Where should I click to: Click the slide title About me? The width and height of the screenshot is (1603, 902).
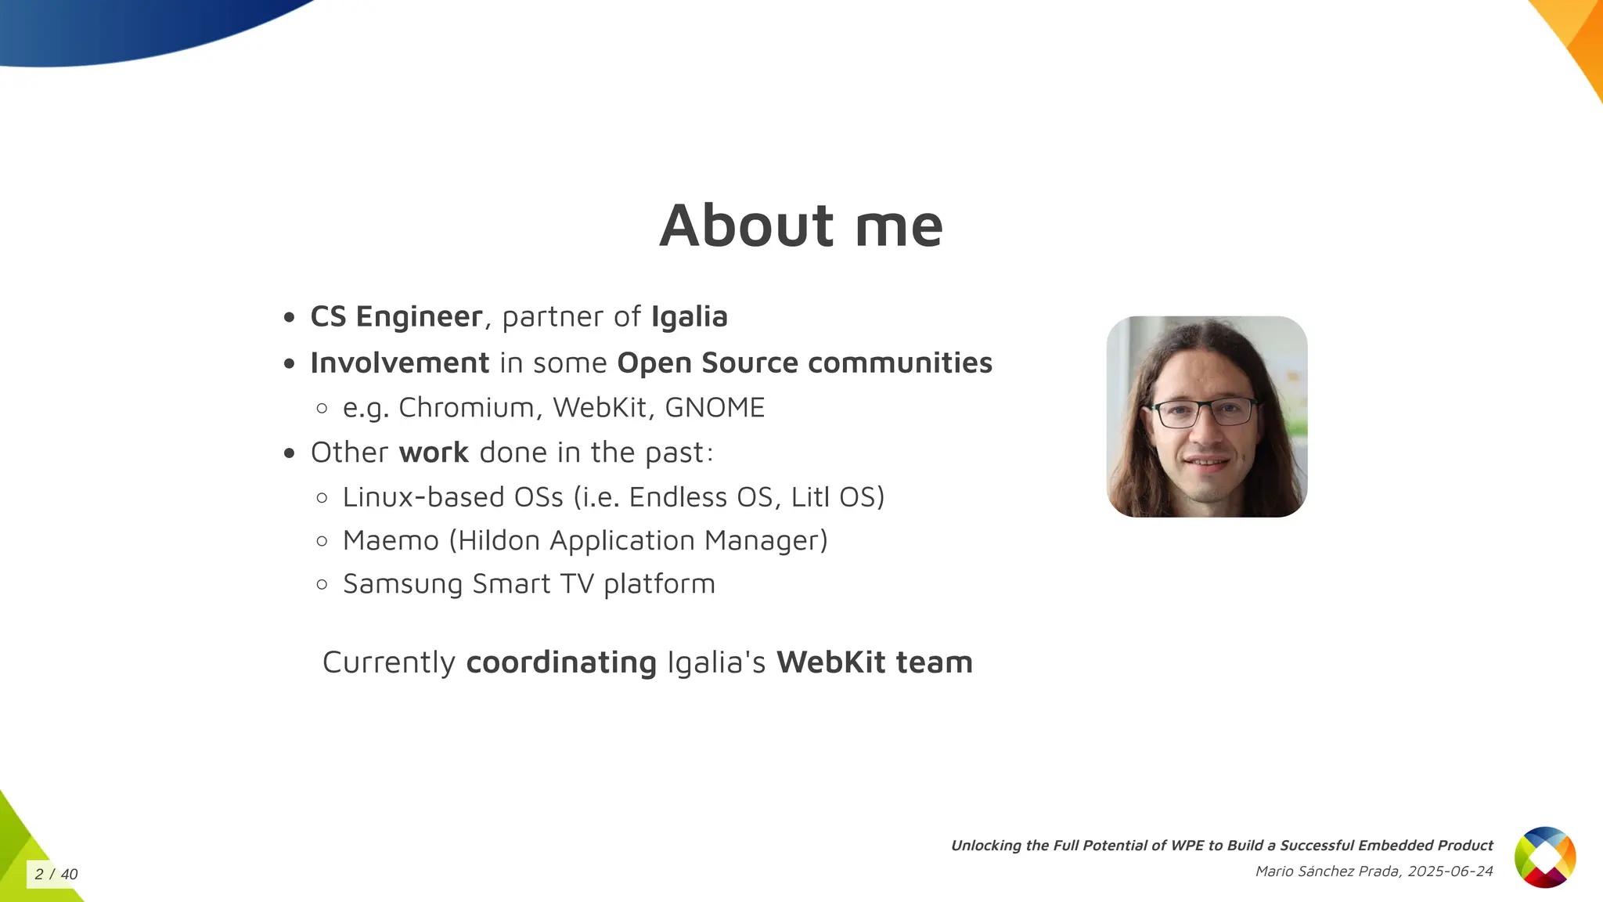point(801,225)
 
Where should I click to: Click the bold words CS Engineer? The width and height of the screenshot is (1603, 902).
point(396,316)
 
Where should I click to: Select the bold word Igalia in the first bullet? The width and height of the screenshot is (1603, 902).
point(689,316)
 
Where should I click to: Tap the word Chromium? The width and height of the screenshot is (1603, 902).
point(466,407)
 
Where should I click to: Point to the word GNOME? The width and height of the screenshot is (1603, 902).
point(714,407)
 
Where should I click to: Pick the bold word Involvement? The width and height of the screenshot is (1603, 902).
point(400,363)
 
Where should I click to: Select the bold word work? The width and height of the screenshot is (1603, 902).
point(434,453)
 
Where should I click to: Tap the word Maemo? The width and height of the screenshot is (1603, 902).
point(391,540)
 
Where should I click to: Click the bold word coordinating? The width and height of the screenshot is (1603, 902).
point(561,662)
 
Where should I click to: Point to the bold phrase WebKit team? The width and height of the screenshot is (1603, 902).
point(874,662)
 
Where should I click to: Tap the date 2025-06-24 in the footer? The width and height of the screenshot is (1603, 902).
point(1450,871)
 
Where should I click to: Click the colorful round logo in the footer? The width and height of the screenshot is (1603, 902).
point(1545,857)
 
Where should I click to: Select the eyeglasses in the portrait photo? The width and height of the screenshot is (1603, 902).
point(1205,412)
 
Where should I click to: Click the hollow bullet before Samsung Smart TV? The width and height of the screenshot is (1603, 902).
point(322,584)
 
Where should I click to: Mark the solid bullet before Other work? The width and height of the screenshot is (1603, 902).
point(290,453)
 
